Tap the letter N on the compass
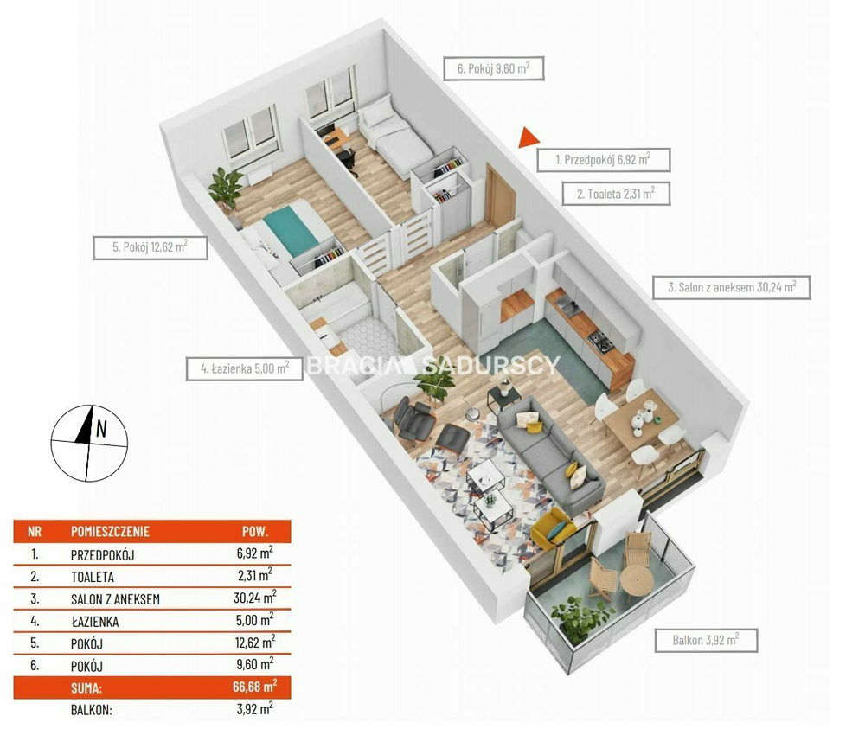tap(101, 428)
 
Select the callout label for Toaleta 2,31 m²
tap(616, 194)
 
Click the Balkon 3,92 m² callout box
tap(706, 640)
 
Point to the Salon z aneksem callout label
tap(732, 287)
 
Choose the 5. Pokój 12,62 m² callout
tap(150, 247)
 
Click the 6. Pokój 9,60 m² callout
tap(494, 68)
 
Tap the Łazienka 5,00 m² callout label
tap(245, 368)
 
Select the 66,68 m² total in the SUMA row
tap(254, 687)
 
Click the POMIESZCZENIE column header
tap(111, 532)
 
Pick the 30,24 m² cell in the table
tap(254, 598)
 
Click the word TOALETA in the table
tap(93, 578)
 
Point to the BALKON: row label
tap(92, 710)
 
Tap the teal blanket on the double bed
tap(291, 228)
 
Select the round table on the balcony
tap(638, 579)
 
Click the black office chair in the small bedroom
tap(347, 160)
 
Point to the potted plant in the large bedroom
tap(226, 189)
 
